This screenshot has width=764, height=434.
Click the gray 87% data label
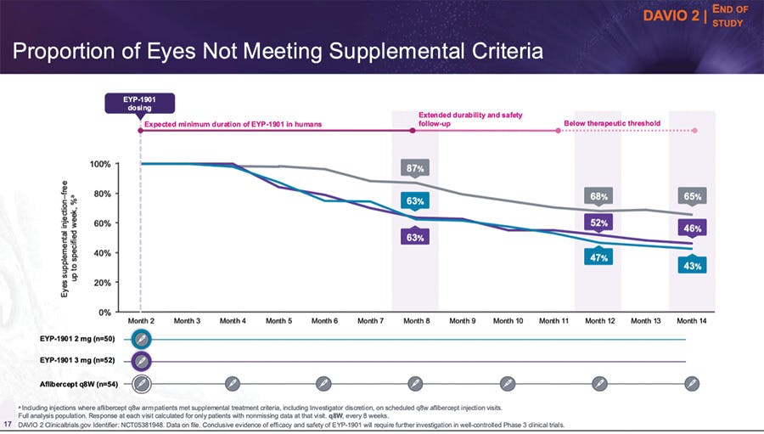[415, 167]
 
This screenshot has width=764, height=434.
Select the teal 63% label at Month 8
[415, 201]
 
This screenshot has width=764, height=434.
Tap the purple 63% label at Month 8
[415, 238]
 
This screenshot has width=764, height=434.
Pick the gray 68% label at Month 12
[599, 196]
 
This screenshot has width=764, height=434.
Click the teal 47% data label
[599, 257]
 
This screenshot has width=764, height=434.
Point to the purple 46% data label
[692, 228]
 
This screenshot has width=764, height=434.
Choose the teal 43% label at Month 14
[692, 266]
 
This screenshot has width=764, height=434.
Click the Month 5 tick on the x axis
[278, 321]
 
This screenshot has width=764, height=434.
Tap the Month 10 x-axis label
[508, 321]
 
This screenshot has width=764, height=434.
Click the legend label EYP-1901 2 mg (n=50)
[77, 339]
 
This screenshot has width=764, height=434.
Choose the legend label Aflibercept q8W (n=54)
[79, 384]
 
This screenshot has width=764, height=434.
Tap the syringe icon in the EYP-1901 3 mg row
[143, 362]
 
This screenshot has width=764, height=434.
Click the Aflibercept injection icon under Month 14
[692, 384]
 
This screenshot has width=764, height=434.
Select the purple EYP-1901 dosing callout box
[140, 103]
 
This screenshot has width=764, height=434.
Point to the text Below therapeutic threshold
[611, 123]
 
